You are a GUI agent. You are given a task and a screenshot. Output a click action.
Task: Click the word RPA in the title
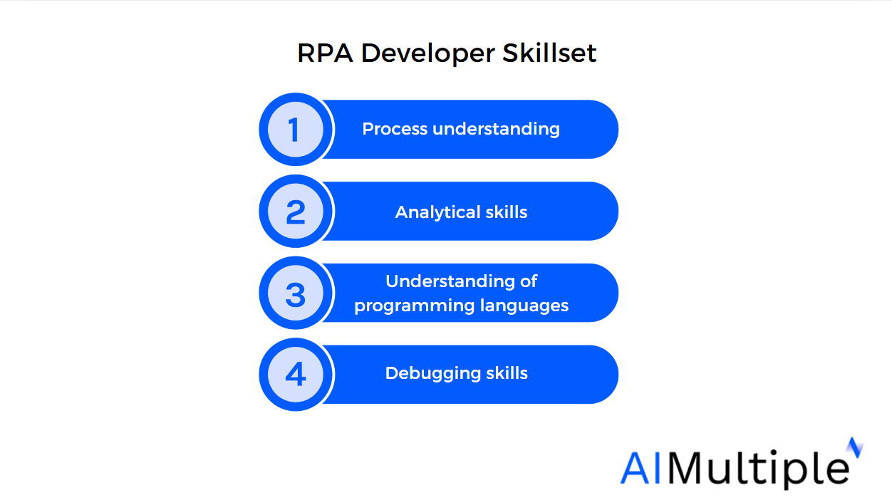[325, 53]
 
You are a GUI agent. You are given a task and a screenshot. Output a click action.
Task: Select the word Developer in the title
[428, 53]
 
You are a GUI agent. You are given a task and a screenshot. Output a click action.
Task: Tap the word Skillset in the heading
[549, 53]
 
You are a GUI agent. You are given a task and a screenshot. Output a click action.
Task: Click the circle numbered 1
[296, 130]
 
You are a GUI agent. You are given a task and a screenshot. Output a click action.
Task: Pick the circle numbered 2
[296, 211]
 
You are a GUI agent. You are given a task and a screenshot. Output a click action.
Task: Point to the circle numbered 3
[296, 293]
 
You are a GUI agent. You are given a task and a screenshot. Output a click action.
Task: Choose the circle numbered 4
[296, 374]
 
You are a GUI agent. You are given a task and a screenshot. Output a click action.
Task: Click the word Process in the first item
[395, 129]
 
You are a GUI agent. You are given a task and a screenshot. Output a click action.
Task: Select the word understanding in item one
[496, 130]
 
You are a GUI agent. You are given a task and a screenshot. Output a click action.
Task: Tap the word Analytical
[437, 212]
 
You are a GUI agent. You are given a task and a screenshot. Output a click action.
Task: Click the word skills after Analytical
[506, 212]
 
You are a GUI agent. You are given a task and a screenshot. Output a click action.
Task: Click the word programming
[415, 306]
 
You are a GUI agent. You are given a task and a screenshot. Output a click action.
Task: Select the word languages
[524, 306]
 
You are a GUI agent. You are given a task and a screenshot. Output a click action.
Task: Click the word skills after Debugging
[507, 373]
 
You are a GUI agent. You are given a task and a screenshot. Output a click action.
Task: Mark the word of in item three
[529, 281]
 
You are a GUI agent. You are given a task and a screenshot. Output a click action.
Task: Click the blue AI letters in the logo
[641, 468]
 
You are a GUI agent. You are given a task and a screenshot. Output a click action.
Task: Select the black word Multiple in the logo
[758, 469]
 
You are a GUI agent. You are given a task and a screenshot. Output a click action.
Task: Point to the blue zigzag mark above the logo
[854, 447]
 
